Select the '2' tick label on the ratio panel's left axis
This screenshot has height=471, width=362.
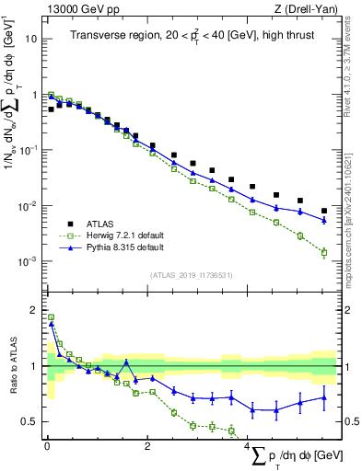35,310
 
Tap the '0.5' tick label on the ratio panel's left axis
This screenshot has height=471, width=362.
30,422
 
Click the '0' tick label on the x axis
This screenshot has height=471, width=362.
47,447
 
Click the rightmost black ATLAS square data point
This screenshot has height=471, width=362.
324,211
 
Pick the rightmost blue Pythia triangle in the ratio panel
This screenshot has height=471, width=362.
324,397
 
